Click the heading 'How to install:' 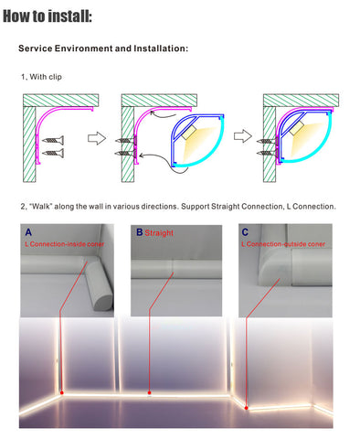coord(48,16)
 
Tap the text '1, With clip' coord(41,77)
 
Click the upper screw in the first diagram coord(53,140)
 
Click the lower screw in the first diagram coord(53,153)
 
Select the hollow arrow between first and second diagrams coord(97,138)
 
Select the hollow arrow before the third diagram coord(243,136)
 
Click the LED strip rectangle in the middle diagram coord(189,133)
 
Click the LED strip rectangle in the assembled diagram coord(296,128)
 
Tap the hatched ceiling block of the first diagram coord(61,100)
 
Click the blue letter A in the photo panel coord(28,232)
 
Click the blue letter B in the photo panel coord(140,232)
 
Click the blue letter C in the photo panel coord(245,232)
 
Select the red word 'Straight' coord(159,233)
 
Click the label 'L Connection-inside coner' coord(65,244)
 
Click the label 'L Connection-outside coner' coord(283,244)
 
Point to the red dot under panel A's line coord(62,392)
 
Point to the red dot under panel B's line coord(149,392)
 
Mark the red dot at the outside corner coord(246,408)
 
